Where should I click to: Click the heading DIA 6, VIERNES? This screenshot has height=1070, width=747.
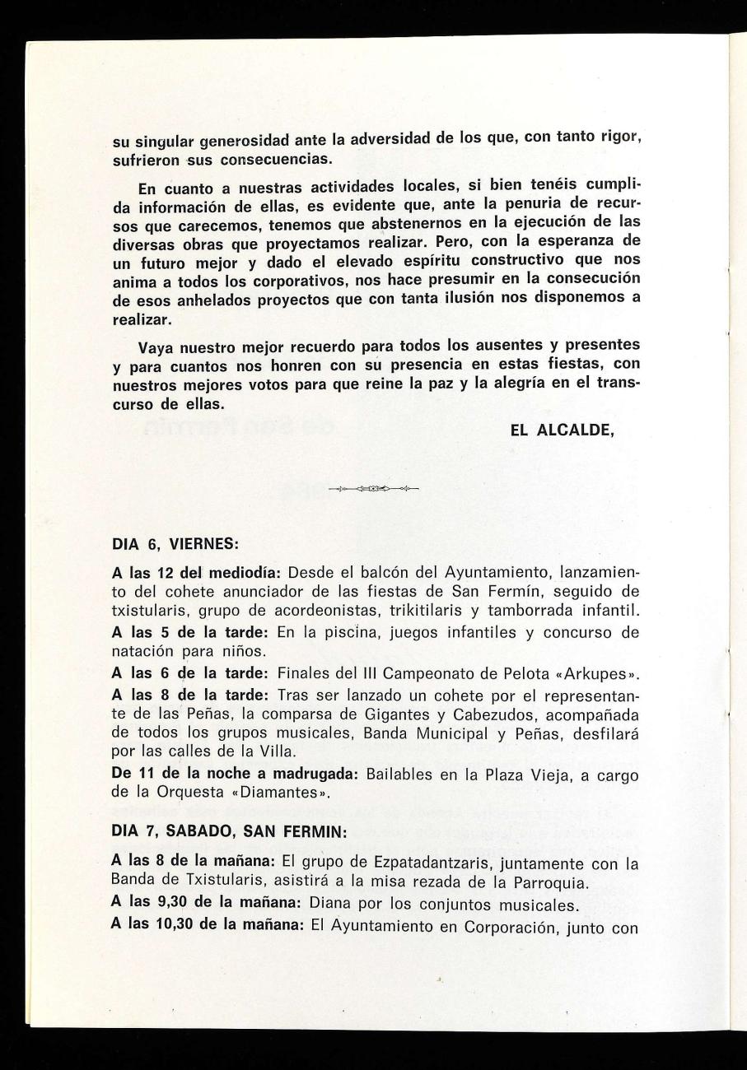pos(175,544)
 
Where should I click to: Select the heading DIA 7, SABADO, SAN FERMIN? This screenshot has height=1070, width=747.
pos(229,832)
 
